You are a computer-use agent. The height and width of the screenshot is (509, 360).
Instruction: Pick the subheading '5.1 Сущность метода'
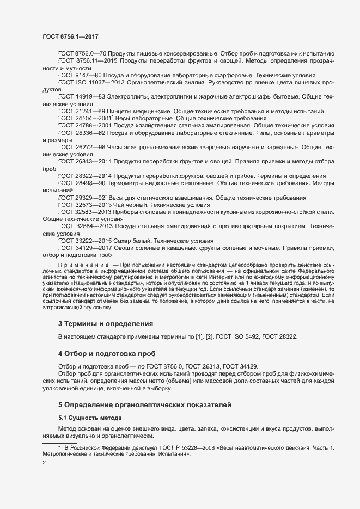point(89,417)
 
